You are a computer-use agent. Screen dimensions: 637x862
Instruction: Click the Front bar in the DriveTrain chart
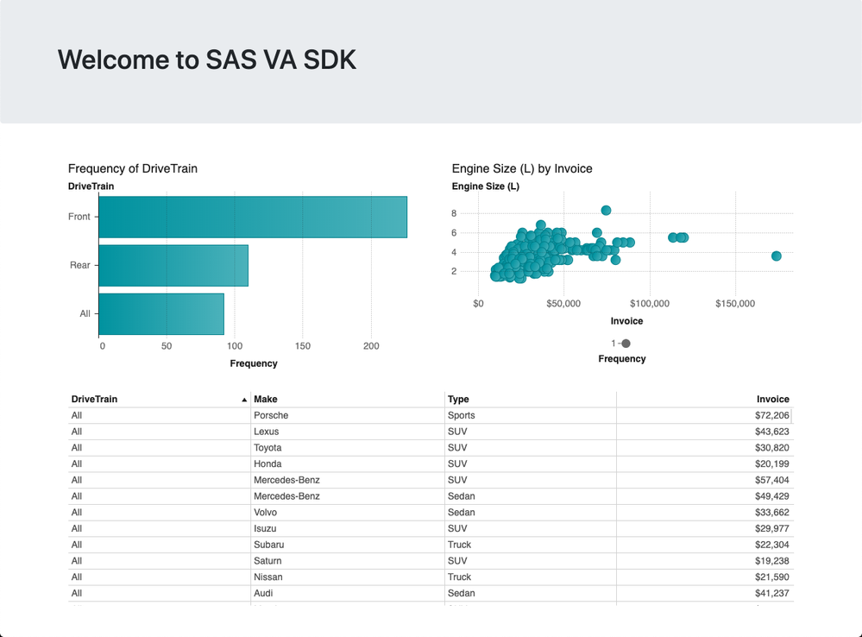tap(252, 217)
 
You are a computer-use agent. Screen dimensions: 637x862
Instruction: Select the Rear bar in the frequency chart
tap(173, 265)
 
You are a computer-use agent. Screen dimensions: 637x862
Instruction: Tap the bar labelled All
tap(161, 313)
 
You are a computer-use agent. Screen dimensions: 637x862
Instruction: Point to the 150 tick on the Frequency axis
tap(303, 346)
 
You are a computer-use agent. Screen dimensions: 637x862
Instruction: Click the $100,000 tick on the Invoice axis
tap(650, 304)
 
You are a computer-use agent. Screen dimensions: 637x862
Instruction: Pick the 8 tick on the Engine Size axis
tap(453, 213)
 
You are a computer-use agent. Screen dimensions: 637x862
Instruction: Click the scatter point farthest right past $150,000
tap(776, 256)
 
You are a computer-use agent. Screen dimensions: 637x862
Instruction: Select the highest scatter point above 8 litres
tap(606, 211)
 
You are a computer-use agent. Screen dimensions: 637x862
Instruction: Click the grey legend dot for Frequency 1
tap(626, 344)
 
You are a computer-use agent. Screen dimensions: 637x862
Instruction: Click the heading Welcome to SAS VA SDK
tap(206, 60)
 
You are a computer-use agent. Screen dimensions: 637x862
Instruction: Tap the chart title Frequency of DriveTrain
tap(132, 168)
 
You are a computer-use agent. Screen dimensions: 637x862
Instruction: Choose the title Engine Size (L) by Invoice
tap(522, 168)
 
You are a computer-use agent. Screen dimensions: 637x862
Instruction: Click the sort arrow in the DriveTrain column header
tap(244, 400)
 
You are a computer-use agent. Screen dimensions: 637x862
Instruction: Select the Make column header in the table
tap(266, 399)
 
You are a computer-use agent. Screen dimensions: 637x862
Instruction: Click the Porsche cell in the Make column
tap(271, 415)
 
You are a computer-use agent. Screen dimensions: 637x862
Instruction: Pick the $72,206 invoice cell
tap(771, 415)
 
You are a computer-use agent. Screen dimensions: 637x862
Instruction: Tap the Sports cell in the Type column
tap(461, 415)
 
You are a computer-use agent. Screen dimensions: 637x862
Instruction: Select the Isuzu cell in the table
tap(267, 528)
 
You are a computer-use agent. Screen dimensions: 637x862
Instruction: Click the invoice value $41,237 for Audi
tap(771, 593)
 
